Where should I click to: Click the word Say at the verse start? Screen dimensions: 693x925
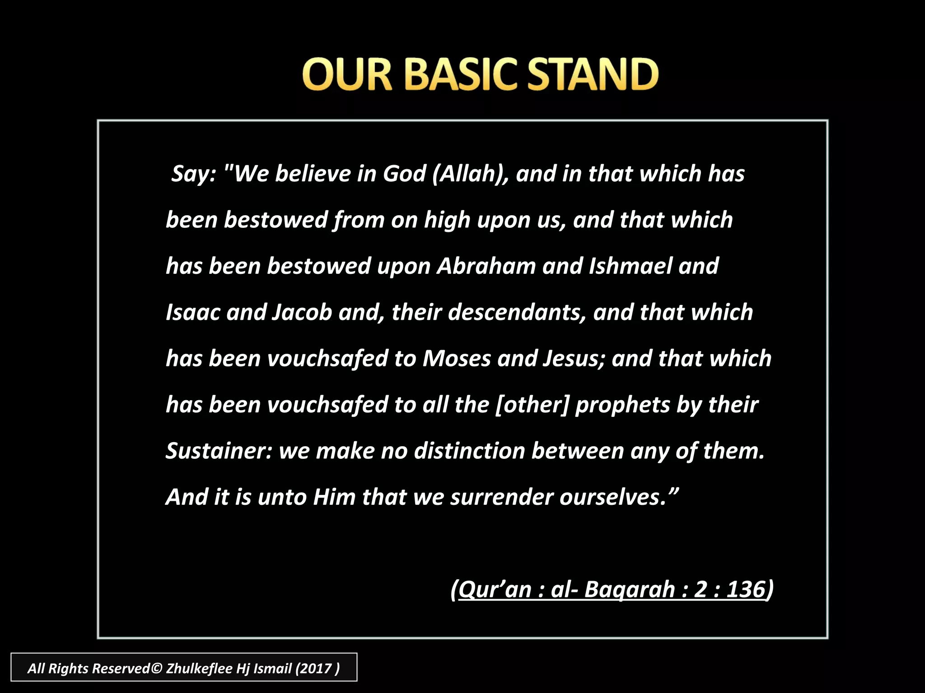(192, 174)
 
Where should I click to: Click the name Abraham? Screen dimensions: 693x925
(486, 266)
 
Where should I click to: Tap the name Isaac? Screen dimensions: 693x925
(193, 313)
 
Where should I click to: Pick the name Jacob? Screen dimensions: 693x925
(302, 313)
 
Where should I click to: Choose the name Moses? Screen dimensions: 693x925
(456, 359)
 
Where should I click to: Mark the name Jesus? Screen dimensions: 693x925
(573, 359)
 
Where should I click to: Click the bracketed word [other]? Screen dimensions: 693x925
(532, 405)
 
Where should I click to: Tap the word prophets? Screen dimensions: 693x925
(622, 406)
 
